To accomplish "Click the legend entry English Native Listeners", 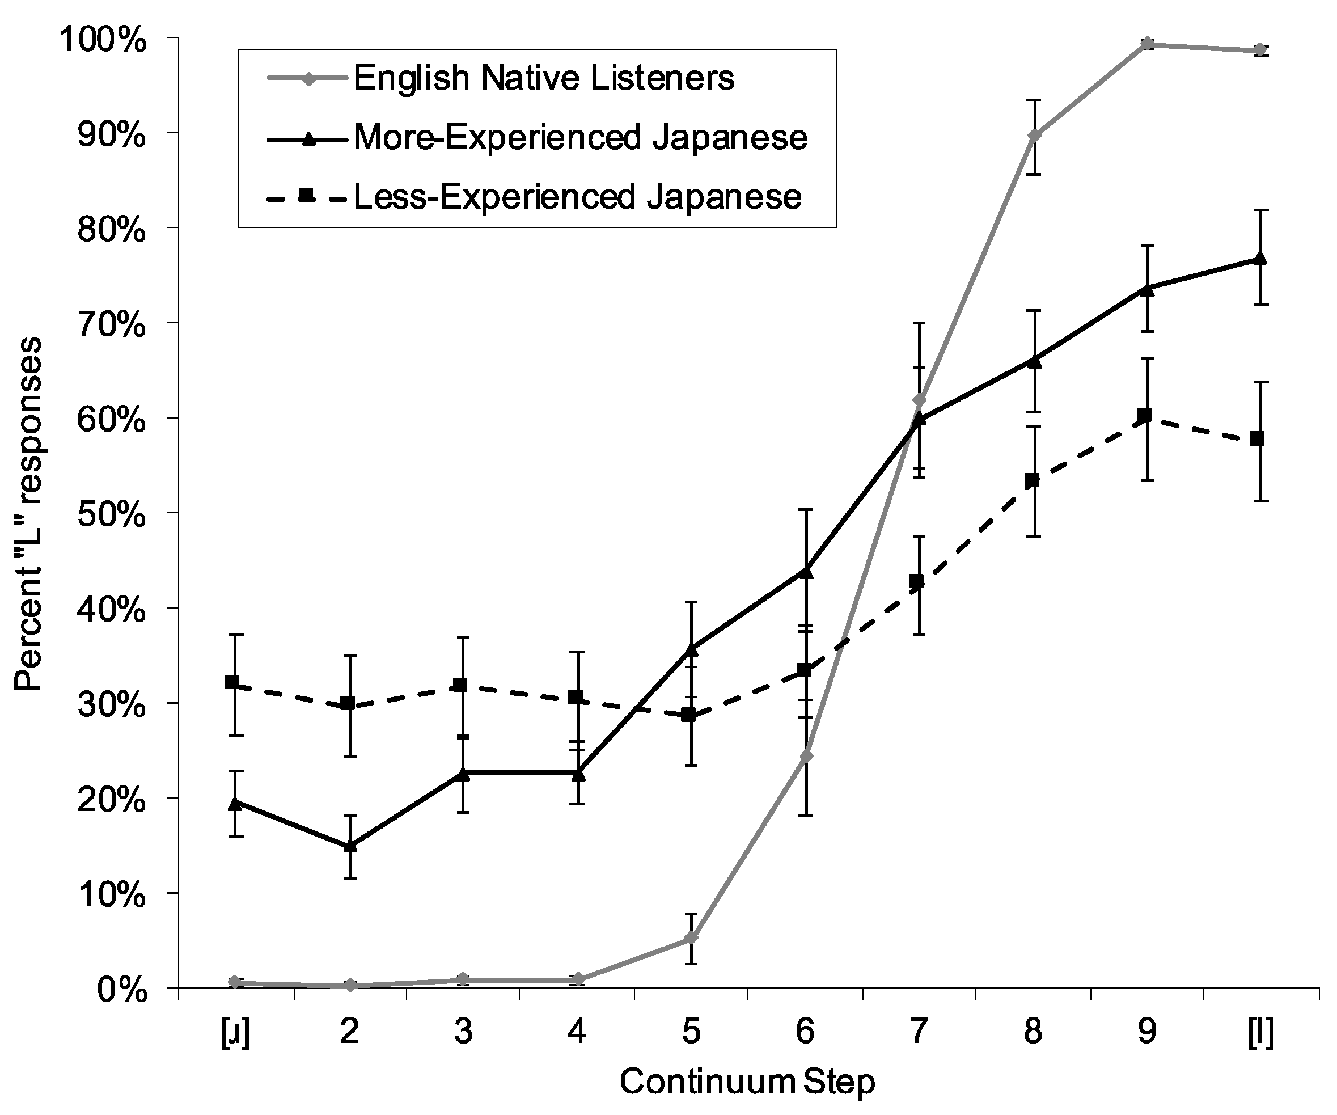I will coord(543,79).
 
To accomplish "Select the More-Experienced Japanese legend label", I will coord(580,138).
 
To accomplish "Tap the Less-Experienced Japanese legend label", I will coord(577,197).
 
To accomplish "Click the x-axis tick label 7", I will coord(918,1031).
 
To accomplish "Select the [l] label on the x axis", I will coord(1260,1031).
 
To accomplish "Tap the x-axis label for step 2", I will coord(349,1031).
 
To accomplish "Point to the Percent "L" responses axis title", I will coord(29,513).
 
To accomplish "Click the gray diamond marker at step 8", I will coord(1034,136).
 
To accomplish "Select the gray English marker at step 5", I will coord(691,938).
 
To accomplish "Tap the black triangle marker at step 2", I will coord(349,846).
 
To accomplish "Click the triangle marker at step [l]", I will coord(1260,259).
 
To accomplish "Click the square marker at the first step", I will coord(232,682).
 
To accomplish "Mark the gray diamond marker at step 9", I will coord(1147,44).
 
